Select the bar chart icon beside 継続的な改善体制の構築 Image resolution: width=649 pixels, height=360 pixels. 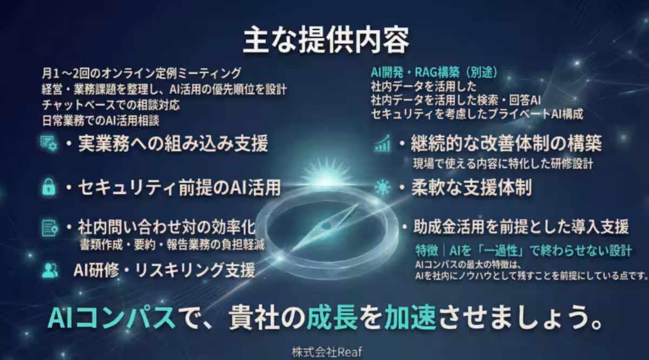coord(383,143)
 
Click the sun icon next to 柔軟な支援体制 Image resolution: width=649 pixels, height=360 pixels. coord(382,187)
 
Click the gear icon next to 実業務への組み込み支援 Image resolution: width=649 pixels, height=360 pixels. coord(49,144)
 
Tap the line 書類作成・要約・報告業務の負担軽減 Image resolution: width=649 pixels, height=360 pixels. coord(171,245)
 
